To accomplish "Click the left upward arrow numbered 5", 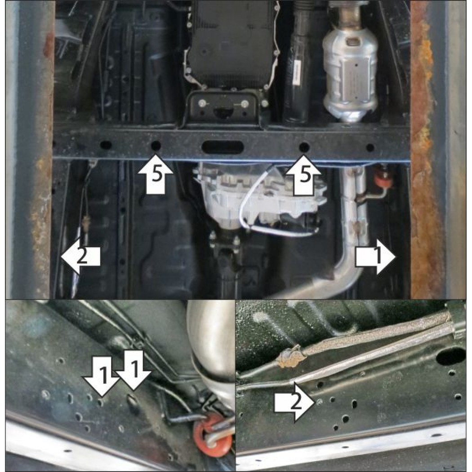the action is coord(156,174).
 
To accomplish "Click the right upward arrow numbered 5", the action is coord(303,174).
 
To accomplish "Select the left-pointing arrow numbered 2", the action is coord(80,257).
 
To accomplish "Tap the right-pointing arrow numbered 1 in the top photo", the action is coord(375,257).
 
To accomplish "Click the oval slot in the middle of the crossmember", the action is coord(223,147).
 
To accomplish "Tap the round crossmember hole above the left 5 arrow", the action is coord(156,146).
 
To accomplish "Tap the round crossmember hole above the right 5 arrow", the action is coord(304,147).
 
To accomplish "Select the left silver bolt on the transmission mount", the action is coord(201,104).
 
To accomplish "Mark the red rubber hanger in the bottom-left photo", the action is coord(213,432).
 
